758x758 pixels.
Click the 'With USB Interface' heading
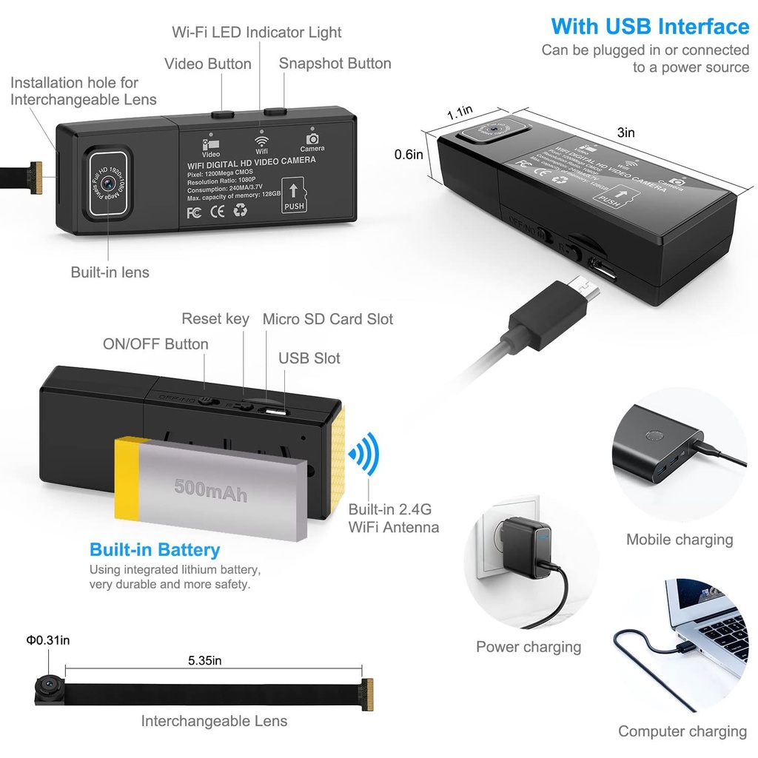point(650,27)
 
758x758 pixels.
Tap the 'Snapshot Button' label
point(335,63)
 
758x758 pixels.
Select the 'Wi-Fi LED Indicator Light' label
point(257,32)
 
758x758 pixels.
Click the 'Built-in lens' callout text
point(110,272)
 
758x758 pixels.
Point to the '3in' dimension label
point(626,133)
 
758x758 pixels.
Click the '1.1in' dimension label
point(460,113)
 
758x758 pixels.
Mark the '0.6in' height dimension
point(408,154)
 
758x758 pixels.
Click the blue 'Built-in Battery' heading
point(155,549)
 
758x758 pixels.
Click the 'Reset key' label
point(215,318)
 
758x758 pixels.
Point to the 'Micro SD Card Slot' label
point(328,319)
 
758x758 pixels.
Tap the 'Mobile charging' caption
point(680,540)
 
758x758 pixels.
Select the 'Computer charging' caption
point(682,731)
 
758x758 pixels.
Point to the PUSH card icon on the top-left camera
point(294,195)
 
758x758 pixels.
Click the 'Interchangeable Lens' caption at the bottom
point(214,720)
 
